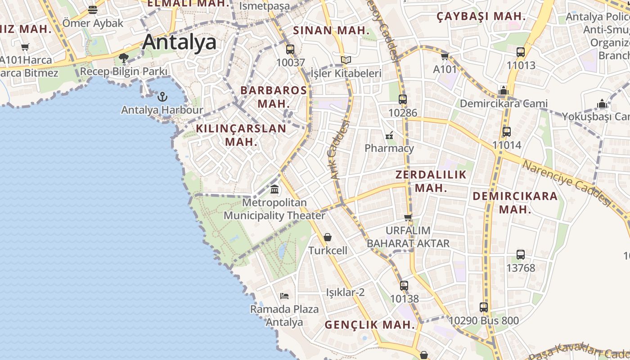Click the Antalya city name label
tap(179, 42)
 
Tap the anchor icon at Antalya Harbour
tap(162, 97)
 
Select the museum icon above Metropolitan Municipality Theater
tap(274, 189)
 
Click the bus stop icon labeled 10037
tap(290, 49)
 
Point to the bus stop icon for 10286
tap(403, 99)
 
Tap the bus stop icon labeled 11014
tap(507, 132)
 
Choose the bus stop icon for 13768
tap(521, 255)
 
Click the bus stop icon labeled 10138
tap(404, 285)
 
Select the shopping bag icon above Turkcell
tap(328, 237)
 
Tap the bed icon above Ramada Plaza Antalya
tap(284, 296)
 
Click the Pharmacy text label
tap(389, 148)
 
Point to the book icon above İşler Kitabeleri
tap(346, 60)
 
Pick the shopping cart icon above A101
tap(445, 56)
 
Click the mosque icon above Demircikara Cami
tap(504, 90)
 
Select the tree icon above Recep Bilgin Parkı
tap(124, 58)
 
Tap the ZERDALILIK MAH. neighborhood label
tap(431, 181)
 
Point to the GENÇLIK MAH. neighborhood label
tap(369, 324)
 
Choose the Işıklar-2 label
tap(345, 292)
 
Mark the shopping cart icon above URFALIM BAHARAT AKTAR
tap(408, 218)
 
